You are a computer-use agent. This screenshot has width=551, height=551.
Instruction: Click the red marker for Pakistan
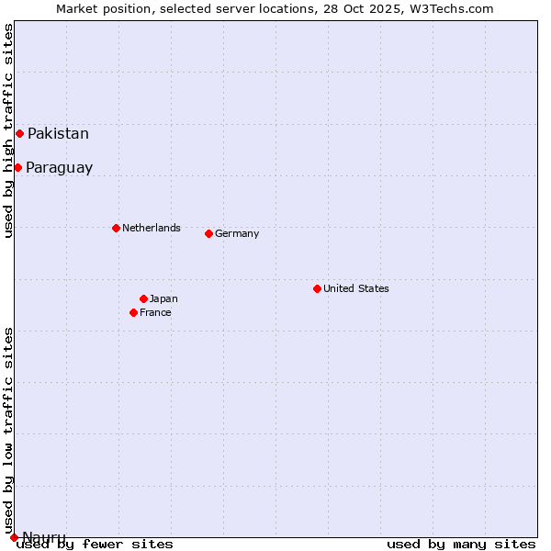coord(19,133)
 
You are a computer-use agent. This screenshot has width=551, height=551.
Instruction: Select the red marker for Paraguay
coord(17,167)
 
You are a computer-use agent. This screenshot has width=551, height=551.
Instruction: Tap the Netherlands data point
coord(116,228)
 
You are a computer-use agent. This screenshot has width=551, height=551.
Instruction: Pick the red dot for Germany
coord(208,233)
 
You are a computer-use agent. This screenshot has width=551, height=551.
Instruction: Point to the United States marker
coord(317,288)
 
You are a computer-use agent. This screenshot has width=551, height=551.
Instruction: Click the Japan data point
coord(143,298)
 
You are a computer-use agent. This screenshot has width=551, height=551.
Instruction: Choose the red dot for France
coord(133,312)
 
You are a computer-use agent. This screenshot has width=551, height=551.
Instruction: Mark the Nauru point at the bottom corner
coord(14,537)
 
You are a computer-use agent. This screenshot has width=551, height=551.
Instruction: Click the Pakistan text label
coord(58,134)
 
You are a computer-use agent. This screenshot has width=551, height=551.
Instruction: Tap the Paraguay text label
coord(59,168)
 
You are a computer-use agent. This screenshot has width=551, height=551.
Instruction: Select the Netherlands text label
coord(151,228)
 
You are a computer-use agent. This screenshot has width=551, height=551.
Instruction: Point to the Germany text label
coord(237,233)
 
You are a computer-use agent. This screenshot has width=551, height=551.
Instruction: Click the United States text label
coord(355,288)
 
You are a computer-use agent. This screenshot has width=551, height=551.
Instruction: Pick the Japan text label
coord(163,298)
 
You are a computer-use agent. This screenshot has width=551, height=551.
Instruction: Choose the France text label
coord(155,312)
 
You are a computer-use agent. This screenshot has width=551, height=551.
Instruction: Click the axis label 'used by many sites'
coord(461,544)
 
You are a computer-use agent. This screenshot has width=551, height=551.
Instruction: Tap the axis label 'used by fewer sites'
coord(95,544)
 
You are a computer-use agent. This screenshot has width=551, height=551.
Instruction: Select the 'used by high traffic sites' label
coord(9,130)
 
